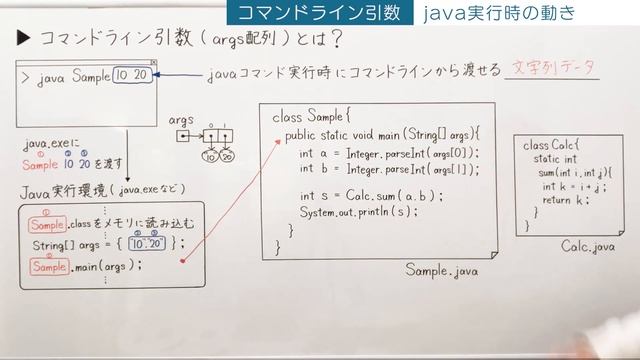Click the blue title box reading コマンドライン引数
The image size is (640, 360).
pyautogui.click(x=314, y=13)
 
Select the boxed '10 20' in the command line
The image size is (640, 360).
pyautogui.click(x=133, y=76)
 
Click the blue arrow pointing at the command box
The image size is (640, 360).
pyautogui.click(x=180, y=76)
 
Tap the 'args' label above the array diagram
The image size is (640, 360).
pyautogui.click(x=182, y=118)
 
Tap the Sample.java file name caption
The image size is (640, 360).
pyautogui.click(x=444, y=270)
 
